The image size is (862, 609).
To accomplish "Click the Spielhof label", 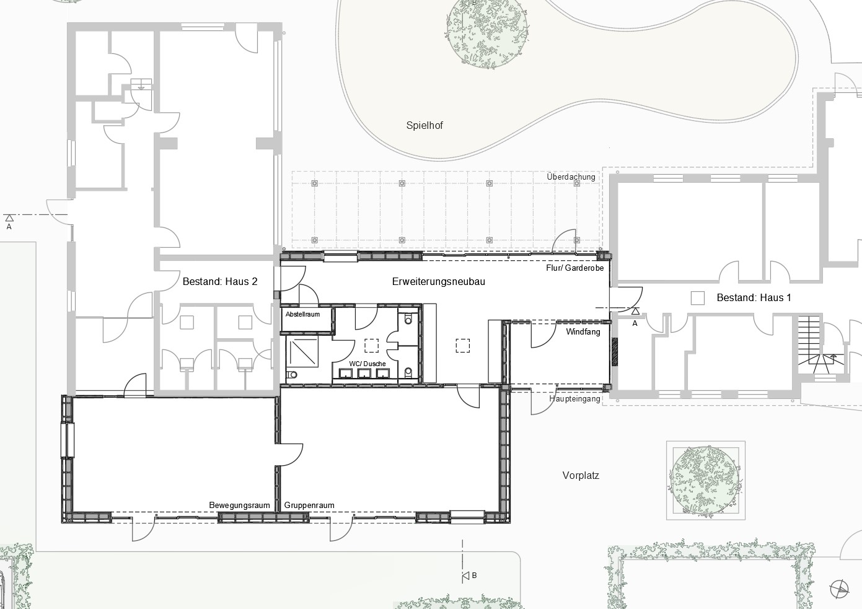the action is pos(424,125).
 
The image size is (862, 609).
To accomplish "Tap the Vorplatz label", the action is pos(581,476).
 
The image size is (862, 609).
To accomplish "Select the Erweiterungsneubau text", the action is pos(438,282).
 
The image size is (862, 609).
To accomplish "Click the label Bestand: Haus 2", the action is pos(220,282).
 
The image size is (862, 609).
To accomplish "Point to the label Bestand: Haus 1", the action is pos(754,298).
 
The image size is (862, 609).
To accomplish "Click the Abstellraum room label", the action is pos(302,314).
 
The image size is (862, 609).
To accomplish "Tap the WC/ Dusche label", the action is pos(367,364).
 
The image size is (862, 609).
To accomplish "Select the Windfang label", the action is pos(583,332).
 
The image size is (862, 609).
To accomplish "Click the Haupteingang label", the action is pos(574,398).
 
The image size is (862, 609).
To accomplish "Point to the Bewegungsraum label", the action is pos(239,506).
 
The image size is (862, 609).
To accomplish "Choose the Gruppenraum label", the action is pos(309,506).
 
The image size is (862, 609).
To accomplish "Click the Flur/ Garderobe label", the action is pos(575,268).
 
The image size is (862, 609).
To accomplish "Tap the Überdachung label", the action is pos(571,177).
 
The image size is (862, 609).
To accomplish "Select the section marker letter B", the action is pos(474,576).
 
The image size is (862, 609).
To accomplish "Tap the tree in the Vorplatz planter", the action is pos(705,480).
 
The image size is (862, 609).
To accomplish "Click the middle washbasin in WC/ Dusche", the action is pos(364,373).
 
